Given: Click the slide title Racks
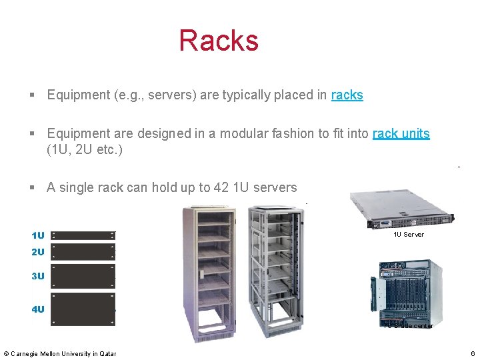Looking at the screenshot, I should pyautogui.click(x=218, y=40).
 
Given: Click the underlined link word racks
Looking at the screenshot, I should pyautogui.click(x=347, y=95).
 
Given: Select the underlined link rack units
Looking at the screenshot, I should pyautogui.click(x=401, y=133).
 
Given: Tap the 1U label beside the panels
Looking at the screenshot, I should pyautogui.click(x=38, y=235).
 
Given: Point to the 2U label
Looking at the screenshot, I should pyautogui.click(x=38, y=252).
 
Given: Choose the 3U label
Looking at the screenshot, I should pyautogui.click(x=38, y=276).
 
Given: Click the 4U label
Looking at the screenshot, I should pyautogui.click(x=38, y=309).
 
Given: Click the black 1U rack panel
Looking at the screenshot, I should pyautogui.click(x=83, y=235).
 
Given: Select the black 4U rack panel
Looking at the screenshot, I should pyautogui.click(x=83, y=309).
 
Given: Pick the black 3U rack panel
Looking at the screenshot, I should pyautogui.click(x=83, y=275).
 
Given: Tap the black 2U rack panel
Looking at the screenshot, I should pyautogui.click(x=83, y=251).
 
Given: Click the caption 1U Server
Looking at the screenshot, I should pyautogui.click(x=408, y=235).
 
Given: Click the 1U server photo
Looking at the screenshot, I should pyautogui.click(x=403, y=210).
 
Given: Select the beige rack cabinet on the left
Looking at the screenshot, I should pyautogui.click(x=209, y=270).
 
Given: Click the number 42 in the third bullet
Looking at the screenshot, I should pyautogui.click(x=221, y=187).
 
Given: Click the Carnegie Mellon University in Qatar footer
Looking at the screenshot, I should pyautogui.click(x=60, y=353).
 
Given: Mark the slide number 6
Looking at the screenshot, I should pyautogui.click(x=472, y=353).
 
